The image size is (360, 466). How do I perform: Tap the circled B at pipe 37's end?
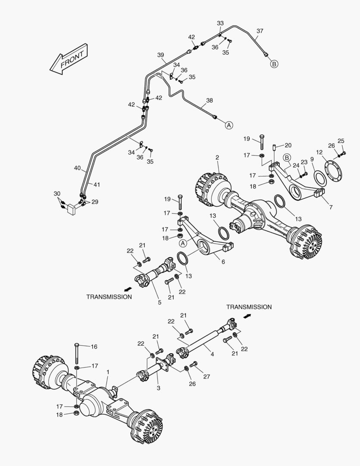275,64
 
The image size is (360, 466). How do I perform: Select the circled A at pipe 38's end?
229,125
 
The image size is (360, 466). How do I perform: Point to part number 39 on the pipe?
161,55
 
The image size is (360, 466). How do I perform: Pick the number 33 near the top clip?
220,23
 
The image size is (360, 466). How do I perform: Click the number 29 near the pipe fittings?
94,202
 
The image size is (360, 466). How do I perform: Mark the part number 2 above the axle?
217,157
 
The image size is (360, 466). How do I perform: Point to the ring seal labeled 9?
319,177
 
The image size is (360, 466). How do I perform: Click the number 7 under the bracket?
331,208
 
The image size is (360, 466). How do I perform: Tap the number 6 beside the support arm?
223,261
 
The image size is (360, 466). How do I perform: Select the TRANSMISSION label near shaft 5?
109,297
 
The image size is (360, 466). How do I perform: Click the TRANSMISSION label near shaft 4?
249,307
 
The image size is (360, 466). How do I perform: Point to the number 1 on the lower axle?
107,372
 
